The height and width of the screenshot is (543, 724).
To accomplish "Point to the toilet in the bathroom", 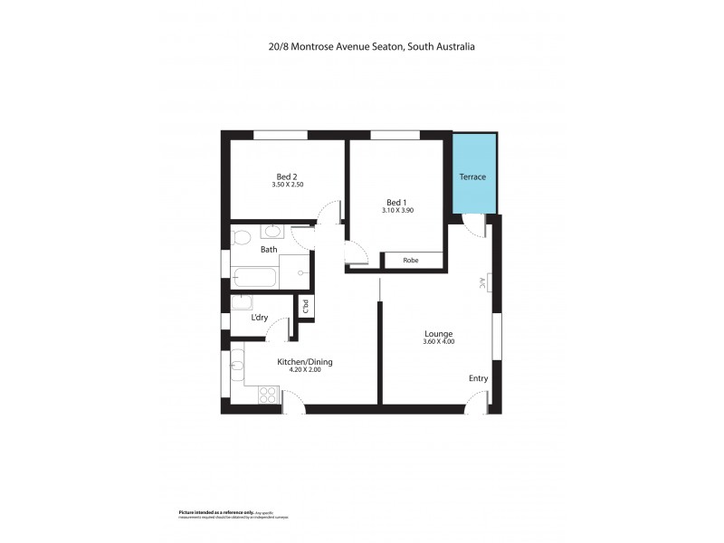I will (240, 238).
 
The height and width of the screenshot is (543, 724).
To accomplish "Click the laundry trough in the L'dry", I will (243, 302).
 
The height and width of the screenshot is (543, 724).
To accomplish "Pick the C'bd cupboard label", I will (306, 307).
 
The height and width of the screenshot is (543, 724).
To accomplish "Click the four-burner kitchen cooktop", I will (268, 394).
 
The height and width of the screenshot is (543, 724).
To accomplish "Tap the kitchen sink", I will (236, 367).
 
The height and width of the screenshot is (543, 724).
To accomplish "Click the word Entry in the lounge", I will (478, 378).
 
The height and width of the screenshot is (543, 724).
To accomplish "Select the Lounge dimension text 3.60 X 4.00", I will (438, 342).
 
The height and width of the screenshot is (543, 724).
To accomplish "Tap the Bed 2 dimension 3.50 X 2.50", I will (287, 185).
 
